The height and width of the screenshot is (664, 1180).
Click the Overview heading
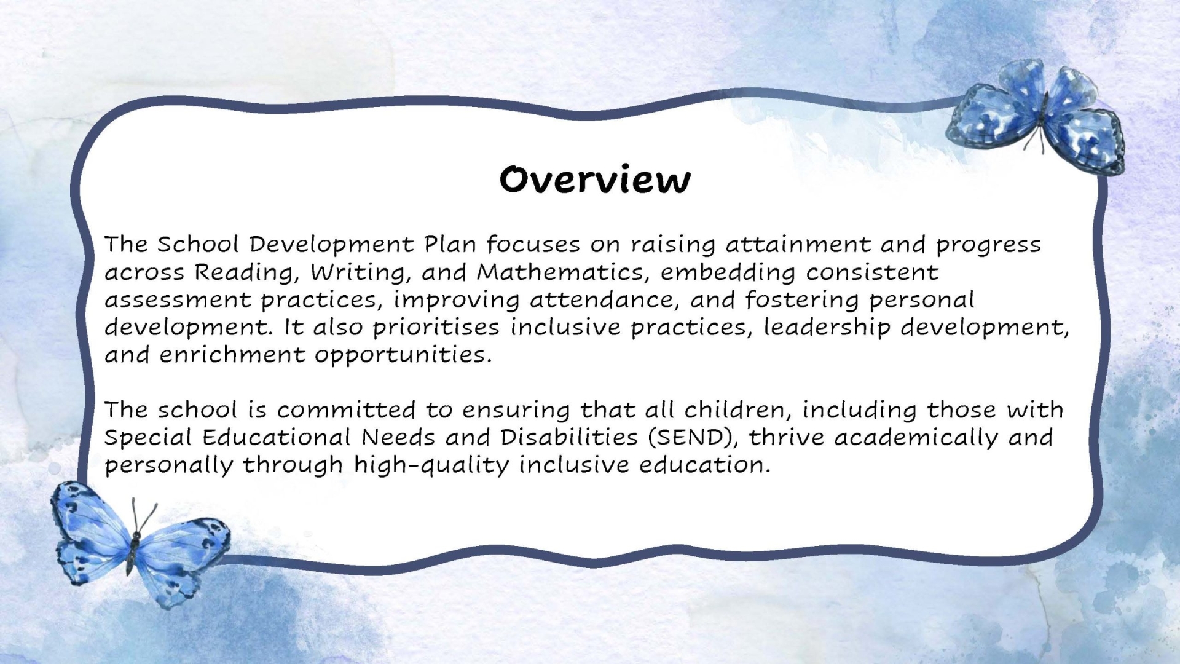coord(595,180)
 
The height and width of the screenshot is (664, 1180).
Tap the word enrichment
coord(232,355)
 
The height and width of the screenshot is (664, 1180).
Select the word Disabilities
coord(569,437)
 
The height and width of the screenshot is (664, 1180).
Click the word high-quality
coord(431,465)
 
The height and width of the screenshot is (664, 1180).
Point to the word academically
coord(916,438)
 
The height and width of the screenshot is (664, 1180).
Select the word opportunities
coord(403,355)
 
